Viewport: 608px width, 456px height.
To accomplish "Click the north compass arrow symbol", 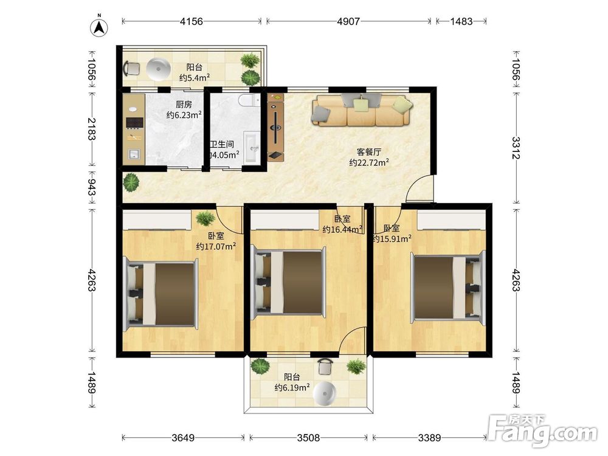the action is [x=99, y=27].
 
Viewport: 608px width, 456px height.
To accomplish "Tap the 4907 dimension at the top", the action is [x=348, y=21].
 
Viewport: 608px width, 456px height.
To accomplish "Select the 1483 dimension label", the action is [x=461, y=21].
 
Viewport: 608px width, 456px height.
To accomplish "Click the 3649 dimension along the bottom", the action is [x=183, y=438].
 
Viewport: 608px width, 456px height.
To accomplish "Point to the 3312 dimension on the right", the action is [x=516, y=148].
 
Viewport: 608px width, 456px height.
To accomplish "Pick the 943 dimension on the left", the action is [x=92, y=187].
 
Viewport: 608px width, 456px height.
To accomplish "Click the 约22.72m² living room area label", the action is [x=369, y=162].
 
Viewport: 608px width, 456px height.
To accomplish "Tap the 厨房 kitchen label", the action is [x=184, y=105].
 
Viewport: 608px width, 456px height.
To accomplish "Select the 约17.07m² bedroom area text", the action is [x=216, y=246].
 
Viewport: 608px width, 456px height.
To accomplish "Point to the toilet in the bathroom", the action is [x=250, y=100].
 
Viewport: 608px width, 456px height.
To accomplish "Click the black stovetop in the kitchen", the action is [x=134, y=123].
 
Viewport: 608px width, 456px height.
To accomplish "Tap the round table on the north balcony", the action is [x=158, y=69].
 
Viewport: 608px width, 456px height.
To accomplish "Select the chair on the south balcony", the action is [x=325, y=367].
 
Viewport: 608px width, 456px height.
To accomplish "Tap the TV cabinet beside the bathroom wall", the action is [x=275, y=127].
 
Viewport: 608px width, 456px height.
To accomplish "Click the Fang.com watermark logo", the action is [x=542, y=430].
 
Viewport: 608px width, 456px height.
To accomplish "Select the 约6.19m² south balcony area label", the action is [x=292, y=387].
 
